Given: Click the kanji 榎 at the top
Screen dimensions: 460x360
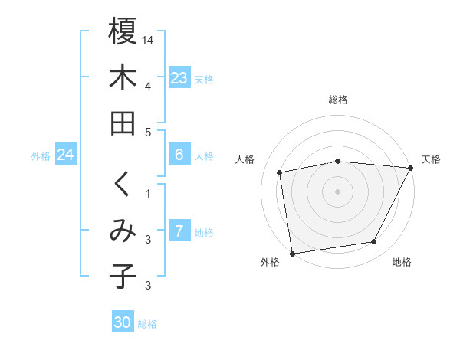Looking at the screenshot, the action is point(123,32).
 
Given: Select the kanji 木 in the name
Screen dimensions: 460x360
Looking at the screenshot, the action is point(123,77).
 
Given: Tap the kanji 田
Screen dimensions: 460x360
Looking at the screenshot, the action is point(123,123).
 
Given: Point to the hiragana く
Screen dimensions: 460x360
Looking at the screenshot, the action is point(123,185).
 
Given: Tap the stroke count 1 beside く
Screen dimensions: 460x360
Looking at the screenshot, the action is point(148,192).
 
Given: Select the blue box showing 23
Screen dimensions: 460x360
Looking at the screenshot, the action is point(179,77).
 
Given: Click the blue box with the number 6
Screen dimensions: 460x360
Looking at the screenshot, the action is point(179,155).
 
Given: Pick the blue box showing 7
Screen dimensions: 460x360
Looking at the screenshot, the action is point(179,231).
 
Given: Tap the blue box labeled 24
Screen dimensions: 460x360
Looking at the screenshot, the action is point(65,155).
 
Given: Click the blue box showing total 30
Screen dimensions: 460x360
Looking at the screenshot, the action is point(123,322).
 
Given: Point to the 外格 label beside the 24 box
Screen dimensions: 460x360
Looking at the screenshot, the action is point(41,155).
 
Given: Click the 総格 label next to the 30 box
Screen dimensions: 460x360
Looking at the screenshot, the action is point(147,324).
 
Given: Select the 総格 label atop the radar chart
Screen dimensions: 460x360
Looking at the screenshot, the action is point(338,100).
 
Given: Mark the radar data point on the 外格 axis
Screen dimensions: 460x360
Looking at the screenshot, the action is point(292,253).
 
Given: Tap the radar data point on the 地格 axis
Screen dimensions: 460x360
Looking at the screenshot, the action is point(374,242).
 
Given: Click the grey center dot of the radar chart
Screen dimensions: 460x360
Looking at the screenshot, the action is point(337,191).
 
